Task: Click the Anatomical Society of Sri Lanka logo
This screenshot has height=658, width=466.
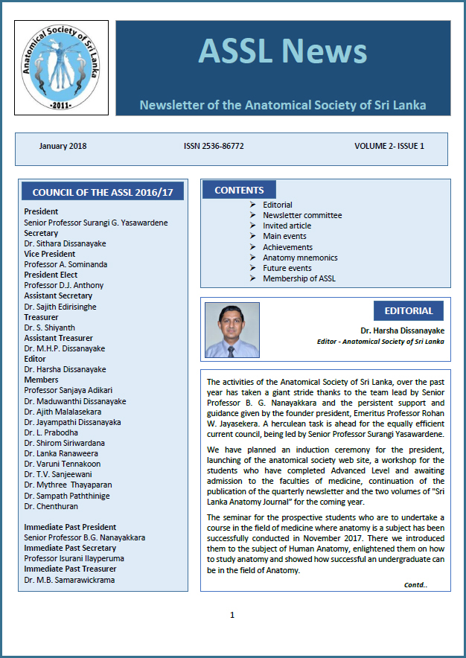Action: (60, 68)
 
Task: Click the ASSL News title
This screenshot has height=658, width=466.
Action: (282, 51)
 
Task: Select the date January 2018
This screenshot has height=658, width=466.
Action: (63, 146)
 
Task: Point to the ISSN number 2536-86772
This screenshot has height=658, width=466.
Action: (213, 146)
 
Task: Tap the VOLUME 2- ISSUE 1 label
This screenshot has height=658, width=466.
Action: (389, 146)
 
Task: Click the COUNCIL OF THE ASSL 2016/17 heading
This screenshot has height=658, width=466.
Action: (103, 192)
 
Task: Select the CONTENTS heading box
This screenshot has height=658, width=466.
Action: (239, 190)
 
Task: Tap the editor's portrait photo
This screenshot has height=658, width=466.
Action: (232, 330)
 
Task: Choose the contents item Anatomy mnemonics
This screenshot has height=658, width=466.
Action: (299, 258)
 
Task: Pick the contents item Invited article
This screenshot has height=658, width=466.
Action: (287, 226)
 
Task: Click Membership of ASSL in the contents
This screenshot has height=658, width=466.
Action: (299, 278)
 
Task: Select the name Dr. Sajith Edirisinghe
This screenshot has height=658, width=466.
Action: (60, 307)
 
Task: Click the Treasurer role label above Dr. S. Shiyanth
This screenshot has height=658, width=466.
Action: (42, 317)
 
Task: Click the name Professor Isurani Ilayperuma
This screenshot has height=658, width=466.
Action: (74, 558)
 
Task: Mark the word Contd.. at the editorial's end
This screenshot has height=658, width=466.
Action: (415, 585)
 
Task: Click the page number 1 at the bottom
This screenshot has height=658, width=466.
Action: (232, 615)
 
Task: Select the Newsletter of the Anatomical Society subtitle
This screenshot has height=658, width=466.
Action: (283, 105)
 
